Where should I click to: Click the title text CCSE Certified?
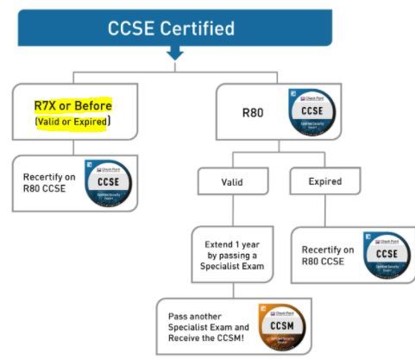(171, 28)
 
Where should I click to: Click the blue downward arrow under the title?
(175, 54)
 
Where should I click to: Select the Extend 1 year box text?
(233, 254)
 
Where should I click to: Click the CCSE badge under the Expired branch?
(387, 256)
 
